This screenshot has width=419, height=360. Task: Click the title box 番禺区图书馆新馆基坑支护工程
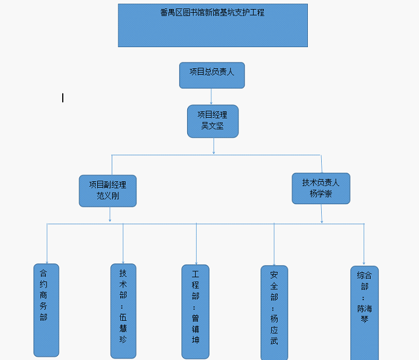213,25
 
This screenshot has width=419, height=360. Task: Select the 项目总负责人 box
211,75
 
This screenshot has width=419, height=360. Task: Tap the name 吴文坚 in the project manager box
212,126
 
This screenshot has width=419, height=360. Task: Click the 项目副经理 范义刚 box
107,190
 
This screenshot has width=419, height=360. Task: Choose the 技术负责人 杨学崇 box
321,188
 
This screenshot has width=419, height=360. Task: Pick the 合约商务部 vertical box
46,309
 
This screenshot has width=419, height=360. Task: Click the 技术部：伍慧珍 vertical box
123,310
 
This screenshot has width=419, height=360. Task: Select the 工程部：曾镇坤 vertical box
195,311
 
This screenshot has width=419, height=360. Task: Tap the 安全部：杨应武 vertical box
274,312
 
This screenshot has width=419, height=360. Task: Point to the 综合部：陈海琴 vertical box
364,312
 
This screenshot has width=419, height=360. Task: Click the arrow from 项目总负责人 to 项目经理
211,97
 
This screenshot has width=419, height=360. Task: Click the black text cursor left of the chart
63,98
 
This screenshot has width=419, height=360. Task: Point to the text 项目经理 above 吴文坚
213,114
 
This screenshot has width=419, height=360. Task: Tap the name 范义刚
108,196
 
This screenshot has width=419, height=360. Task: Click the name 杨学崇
321,194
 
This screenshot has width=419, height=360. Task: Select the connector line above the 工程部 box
196,245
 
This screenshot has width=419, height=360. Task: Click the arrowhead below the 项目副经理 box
110,219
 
